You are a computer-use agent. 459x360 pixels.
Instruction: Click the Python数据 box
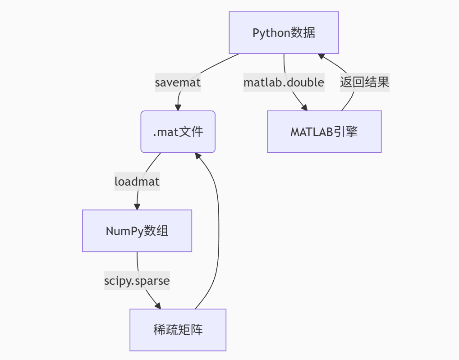284,33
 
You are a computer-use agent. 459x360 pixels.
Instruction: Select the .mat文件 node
178,132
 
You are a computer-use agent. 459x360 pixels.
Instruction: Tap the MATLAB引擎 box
324,132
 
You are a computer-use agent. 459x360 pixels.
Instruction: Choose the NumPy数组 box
137,231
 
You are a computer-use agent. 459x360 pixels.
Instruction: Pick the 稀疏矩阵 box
178,330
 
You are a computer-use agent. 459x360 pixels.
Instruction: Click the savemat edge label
178,83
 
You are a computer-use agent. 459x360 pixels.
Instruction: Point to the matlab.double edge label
284,82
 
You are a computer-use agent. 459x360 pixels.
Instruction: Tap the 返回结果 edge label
364,82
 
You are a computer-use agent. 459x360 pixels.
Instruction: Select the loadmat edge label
137,182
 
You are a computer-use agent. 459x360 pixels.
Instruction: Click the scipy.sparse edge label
137,281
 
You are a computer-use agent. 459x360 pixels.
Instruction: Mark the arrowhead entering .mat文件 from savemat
178,108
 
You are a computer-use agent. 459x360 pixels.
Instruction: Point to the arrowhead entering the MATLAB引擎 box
304,108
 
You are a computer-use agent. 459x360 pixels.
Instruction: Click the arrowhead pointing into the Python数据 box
321,56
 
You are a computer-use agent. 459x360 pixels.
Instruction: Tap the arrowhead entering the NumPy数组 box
137,207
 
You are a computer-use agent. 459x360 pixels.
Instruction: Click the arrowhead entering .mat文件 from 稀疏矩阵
198,156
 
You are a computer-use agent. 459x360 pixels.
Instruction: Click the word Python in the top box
269,33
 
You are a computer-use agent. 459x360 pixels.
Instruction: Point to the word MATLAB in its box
312,132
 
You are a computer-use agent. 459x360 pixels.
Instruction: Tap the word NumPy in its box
122,231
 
